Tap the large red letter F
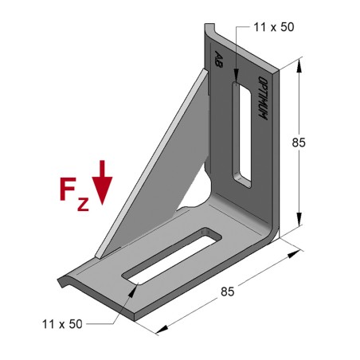tap(71, 190)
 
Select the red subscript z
tap(84, 203)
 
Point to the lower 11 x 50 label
tap(62, 324)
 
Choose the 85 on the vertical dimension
tap(299, 143)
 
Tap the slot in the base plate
tap(172, 256)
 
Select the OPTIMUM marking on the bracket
tap(261, 99)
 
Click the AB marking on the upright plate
tap(218, 59)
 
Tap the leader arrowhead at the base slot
tap(130, 292)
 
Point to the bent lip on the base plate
tap(67, 280)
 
